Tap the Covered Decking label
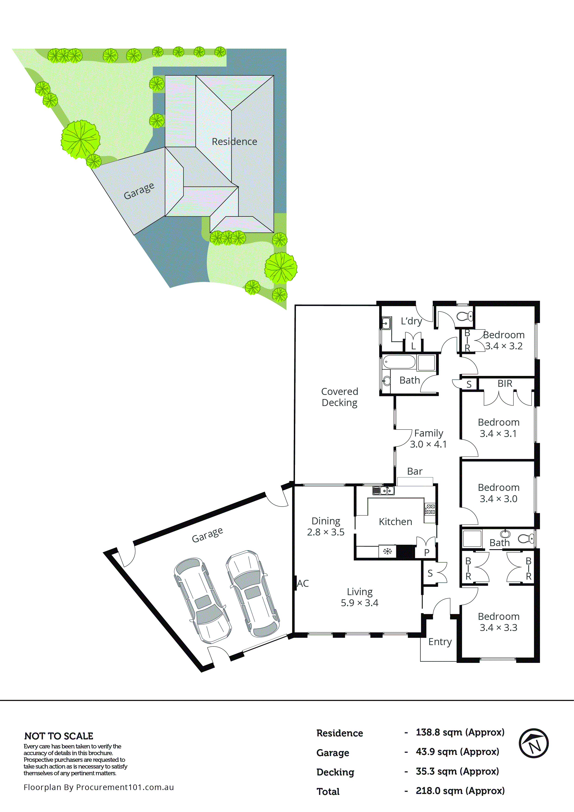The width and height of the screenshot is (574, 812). point(339,397)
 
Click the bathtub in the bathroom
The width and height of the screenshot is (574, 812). point(399,362)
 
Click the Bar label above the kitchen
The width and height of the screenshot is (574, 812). point(415,471)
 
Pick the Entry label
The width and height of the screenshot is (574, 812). point(440,642)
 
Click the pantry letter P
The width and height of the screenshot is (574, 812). point(427,552)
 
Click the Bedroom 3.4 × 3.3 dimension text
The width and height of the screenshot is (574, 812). point(498,627)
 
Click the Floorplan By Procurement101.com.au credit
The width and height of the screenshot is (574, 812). point(99,787)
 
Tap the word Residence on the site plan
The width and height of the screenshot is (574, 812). point(234,141)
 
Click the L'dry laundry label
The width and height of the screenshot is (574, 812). point(411,321)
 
